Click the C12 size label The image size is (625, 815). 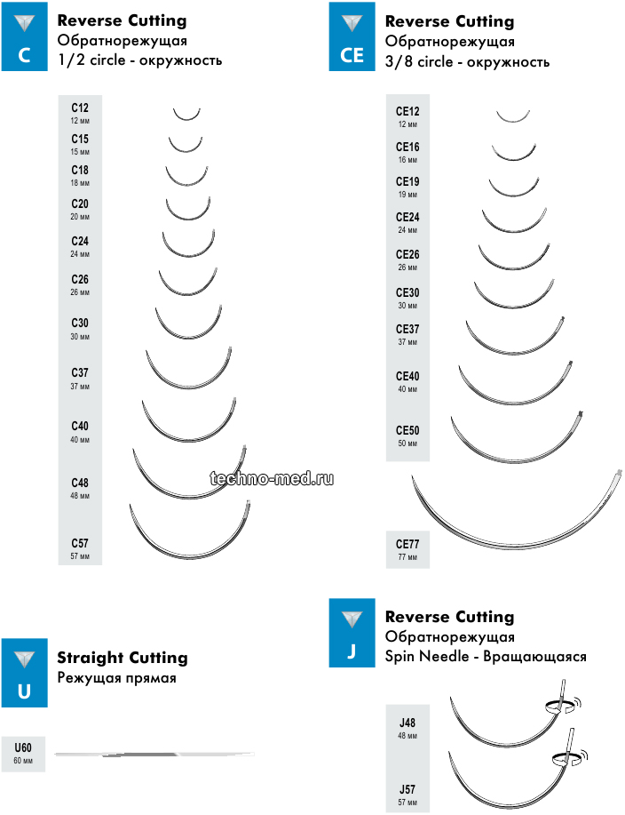80,112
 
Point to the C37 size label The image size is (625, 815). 80,377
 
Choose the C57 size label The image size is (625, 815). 80,547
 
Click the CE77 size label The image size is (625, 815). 407,548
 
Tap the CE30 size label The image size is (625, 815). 407,298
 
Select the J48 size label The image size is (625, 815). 407,728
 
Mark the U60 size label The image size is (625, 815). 23,752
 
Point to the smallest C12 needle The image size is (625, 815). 187,116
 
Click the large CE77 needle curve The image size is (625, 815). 515,537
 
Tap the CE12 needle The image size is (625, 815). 513,118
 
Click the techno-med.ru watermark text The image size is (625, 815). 272,479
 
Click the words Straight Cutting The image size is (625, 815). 123,659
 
